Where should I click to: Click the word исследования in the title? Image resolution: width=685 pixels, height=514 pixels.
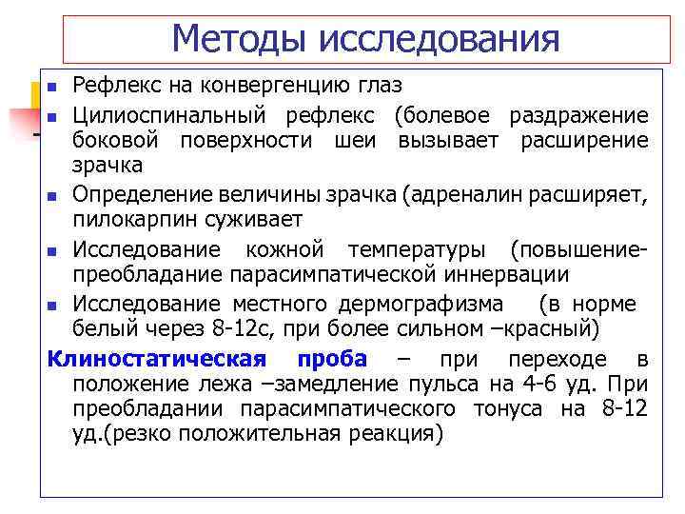point(439,39)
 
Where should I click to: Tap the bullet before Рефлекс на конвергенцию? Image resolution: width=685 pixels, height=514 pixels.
point(54,89)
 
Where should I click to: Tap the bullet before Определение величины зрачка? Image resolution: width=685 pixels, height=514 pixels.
point(54,198)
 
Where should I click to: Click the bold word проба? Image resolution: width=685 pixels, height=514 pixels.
point(332,359)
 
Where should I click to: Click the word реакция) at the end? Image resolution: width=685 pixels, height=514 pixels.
point(394,433)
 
